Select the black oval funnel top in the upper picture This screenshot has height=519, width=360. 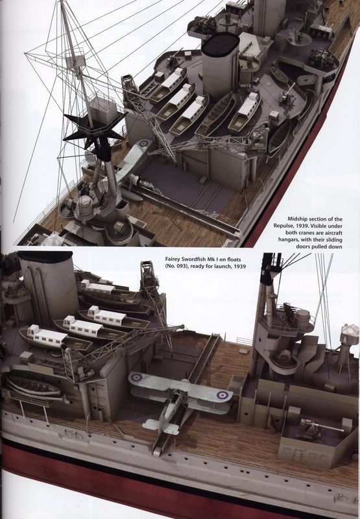pyautogui.click(x=221, y=44)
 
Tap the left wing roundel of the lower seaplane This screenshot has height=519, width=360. pyautogui.click(x=136, y=377)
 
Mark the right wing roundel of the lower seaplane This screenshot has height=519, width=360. pyautogui.click(x=222, y=395)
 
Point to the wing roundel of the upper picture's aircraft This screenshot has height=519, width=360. pyautogui.click(x=143, y=143)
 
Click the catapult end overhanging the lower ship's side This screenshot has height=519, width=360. pyautogui.click(x=158, y=450)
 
